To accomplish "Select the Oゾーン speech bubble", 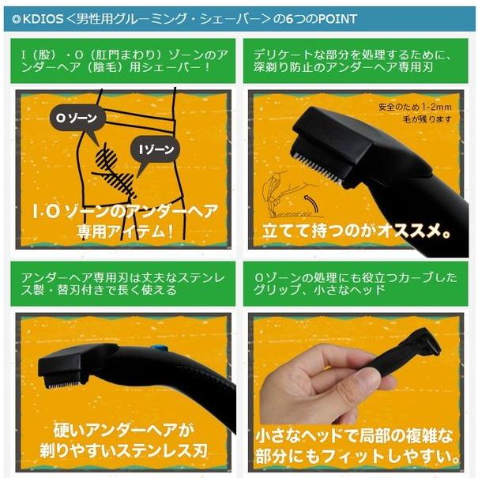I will tap(75, 119).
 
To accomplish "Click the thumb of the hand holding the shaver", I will tap(307, 379).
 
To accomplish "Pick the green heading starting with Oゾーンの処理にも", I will tap(359, 282).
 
